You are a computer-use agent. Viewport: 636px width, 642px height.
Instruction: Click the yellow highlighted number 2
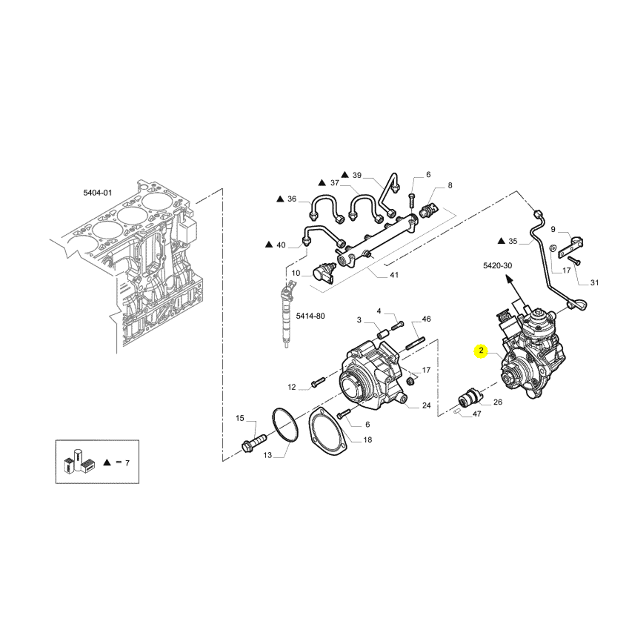(481, 351)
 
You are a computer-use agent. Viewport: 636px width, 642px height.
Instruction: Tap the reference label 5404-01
(97, 192)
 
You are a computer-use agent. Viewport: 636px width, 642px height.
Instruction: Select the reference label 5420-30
(497, 265)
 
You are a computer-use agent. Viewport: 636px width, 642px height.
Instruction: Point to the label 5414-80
(310, 316)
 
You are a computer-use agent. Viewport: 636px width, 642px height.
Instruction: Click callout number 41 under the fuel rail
(394, 275)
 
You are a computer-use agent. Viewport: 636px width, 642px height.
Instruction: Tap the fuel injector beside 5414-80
(287, 314)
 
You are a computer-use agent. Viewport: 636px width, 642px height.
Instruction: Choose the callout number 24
(426, 405)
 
